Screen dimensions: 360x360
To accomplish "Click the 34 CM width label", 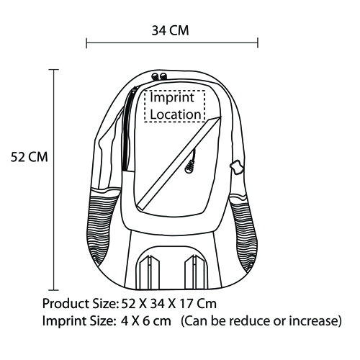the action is click(x=170, y=31).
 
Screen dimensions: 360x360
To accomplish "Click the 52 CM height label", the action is click(x=30, y=158).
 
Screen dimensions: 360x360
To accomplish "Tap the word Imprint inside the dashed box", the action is click(x=172, y=98).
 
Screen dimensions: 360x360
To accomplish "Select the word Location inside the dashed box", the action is click(x=176, y=114).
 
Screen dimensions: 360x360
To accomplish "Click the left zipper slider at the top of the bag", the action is click(x=155, y=76).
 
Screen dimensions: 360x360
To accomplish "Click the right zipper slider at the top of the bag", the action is click(x=163, y=76).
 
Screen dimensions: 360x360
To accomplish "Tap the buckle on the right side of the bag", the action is click(x=236, y=167).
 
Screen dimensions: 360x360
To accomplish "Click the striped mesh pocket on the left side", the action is click(x=102, y=225).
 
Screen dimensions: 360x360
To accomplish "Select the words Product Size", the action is click(x=79, y=304).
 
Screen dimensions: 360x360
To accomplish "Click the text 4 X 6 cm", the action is click(x=146, y=321).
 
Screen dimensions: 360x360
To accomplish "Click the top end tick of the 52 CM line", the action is click(x=53, y=70).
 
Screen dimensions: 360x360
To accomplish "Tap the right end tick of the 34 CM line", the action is click(x=258, y=42).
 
